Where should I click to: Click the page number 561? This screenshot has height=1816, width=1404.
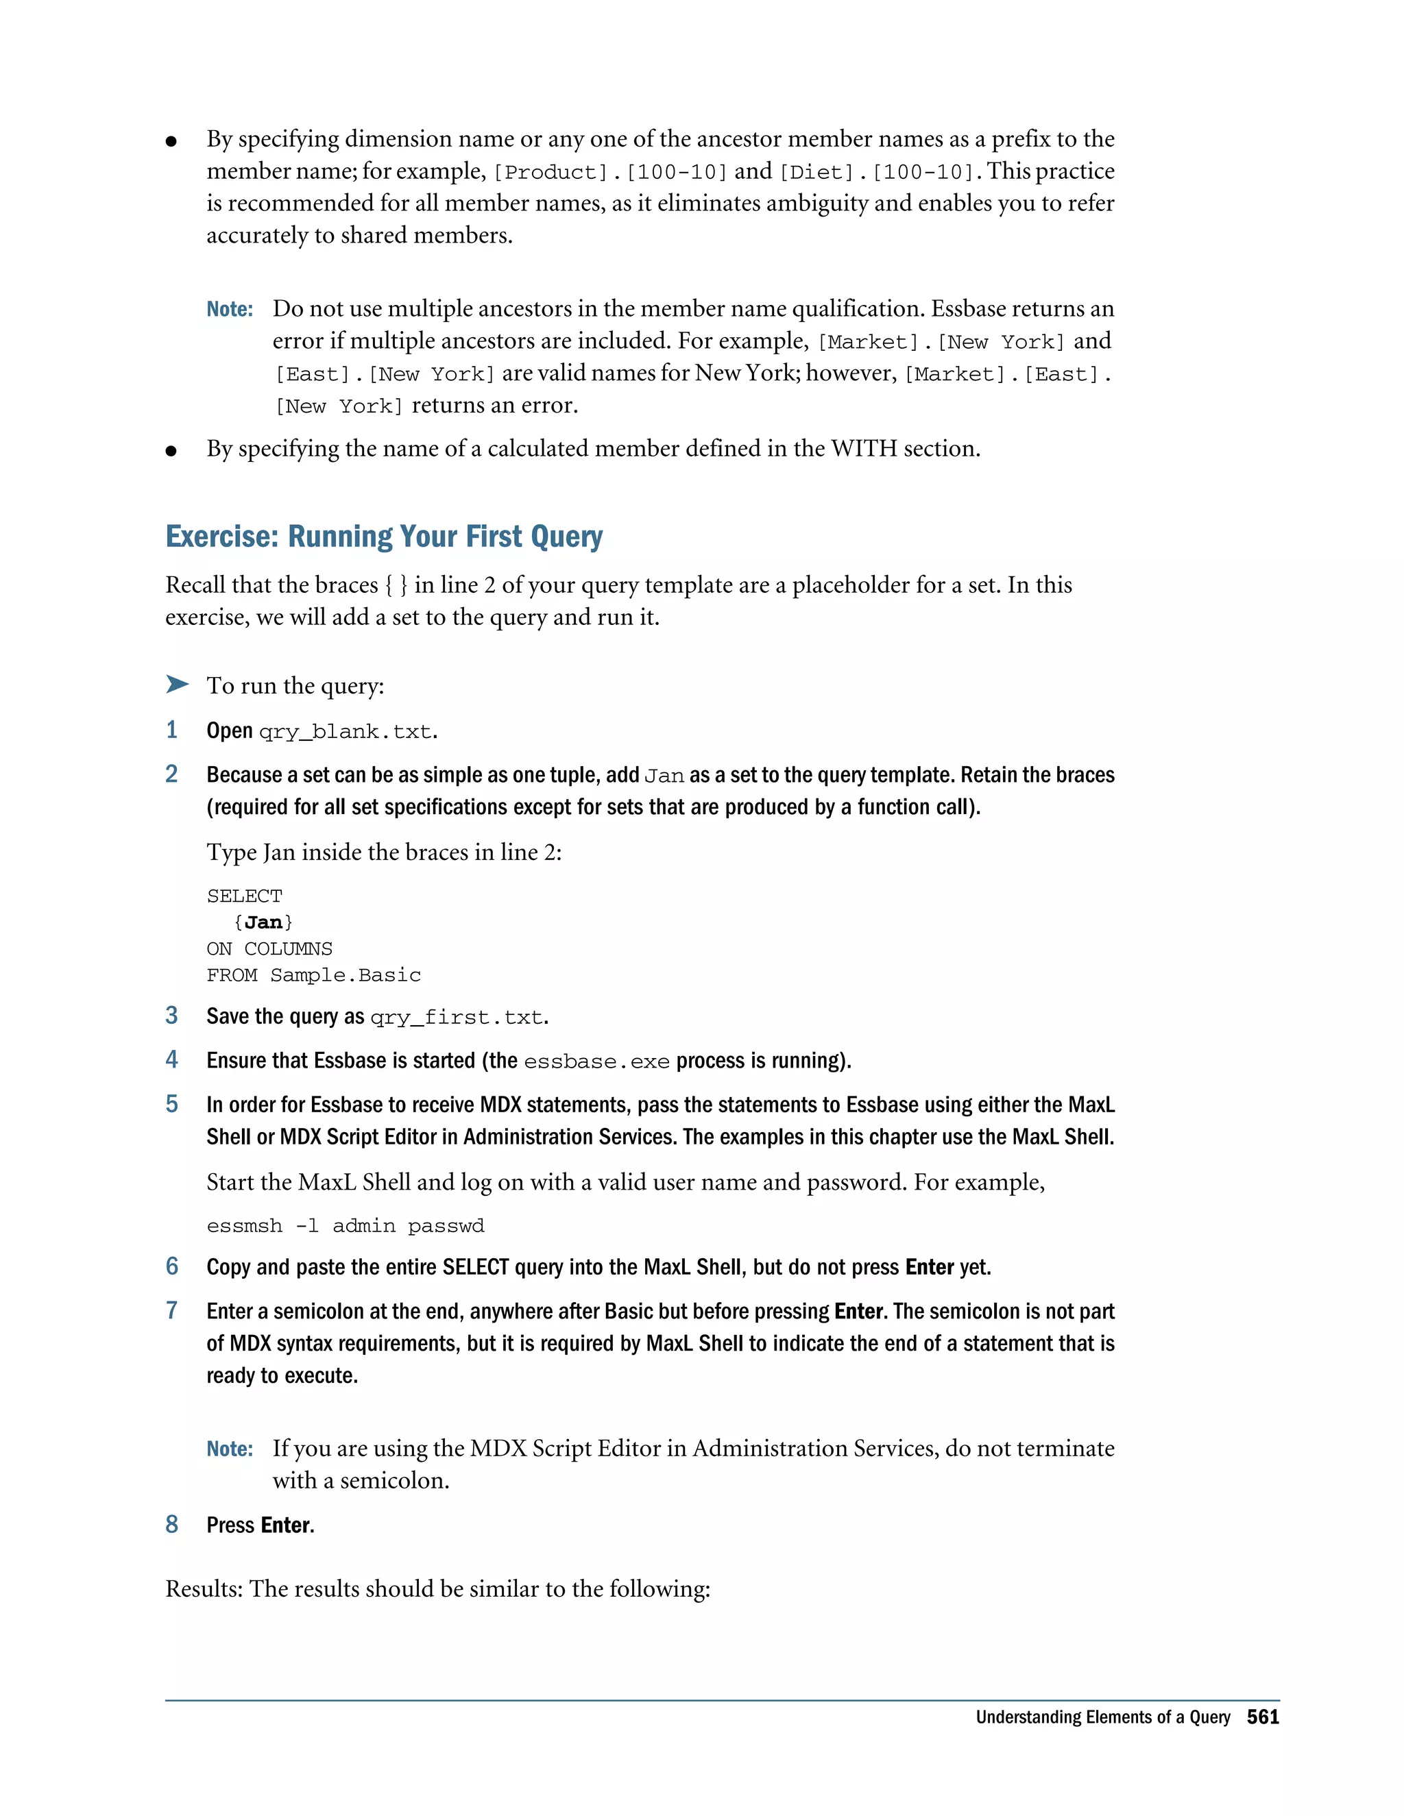[1262, 1717]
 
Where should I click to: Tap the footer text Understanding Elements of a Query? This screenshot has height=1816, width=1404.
[1102, 1717]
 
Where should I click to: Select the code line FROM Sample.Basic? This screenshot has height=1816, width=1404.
[313, 974]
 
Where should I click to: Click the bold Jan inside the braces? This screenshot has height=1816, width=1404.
[264, 922]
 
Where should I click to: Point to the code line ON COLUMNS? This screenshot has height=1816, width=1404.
[269, 948]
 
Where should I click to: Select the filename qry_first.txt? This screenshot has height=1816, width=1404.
[457, 1018]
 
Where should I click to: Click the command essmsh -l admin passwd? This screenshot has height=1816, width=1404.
[346, 1226]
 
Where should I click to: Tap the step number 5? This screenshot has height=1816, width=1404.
[172, 1104]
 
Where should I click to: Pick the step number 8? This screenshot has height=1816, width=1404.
[172, 1524]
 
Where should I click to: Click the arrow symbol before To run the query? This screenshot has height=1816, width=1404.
[176, 685]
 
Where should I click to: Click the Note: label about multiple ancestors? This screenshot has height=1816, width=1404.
[230, 309]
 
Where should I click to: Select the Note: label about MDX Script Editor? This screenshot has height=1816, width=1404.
[230, 1449]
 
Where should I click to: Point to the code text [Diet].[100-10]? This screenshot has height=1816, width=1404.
[877, 172]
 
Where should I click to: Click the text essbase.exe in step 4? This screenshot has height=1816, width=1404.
[596, 1062]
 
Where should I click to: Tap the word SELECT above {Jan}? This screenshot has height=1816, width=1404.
[245, 896]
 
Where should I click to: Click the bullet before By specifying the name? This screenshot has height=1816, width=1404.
[171, 451]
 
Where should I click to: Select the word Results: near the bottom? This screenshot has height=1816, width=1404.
[204, 1589]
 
